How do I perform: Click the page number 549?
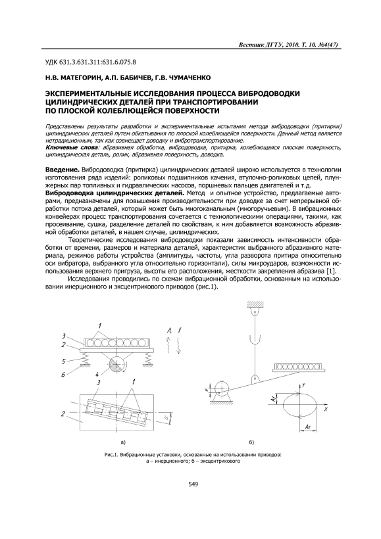tap(193, 484)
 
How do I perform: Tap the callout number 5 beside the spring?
tap(63, 362)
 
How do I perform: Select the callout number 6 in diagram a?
tap(63, 375)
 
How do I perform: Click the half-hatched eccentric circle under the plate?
tap(117, 365)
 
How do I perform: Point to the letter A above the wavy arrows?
tap(169, 331)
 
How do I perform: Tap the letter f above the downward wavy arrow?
tap(180, 331)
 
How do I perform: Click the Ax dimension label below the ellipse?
tap(308, 427)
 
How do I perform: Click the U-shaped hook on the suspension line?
tap(254, 340)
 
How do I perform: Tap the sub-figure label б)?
tap(251, 442)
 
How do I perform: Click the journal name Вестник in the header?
tap(251, 45)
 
